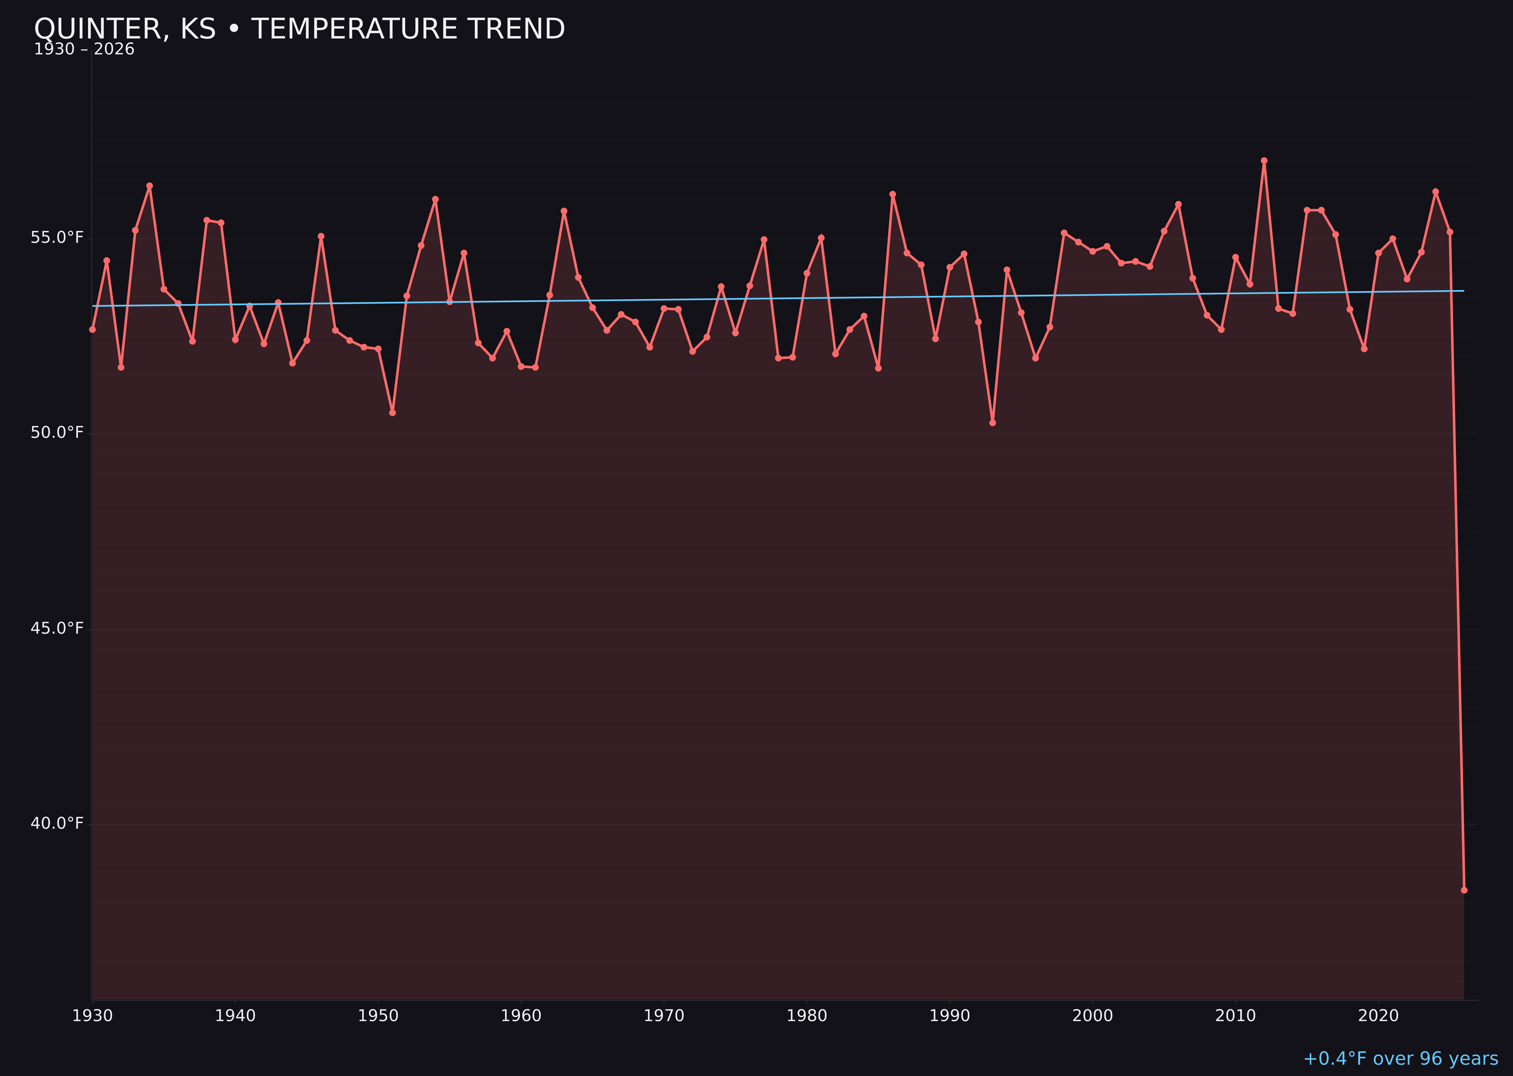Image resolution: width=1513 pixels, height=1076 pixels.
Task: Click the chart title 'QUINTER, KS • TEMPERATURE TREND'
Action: (300, 29)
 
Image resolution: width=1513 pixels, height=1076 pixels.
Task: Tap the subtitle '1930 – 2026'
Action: (84, 50)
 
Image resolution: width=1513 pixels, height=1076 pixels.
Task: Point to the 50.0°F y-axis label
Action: (57, 433)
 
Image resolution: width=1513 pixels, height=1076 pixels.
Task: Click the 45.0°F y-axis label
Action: (57, 628)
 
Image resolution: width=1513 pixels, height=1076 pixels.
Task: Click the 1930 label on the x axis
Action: (92, 1016)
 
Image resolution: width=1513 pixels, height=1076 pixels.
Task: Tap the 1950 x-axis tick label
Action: (378, 1016)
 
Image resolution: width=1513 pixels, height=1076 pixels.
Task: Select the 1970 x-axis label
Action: (664, 1016)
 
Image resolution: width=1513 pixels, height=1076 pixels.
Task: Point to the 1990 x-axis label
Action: (949, 1016)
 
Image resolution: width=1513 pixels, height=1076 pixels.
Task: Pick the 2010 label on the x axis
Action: (1235, 1016)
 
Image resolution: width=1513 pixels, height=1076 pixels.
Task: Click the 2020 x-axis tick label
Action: (1378, 1016)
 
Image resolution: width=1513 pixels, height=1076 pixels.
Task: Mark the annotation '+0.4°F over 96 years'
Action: (1400, 1059)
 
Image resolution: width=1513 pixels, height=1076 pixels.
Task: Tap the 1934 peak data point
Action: (150, 186)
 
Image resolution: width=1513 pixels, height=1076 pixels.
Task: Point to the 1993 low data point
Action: (992, 423)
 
